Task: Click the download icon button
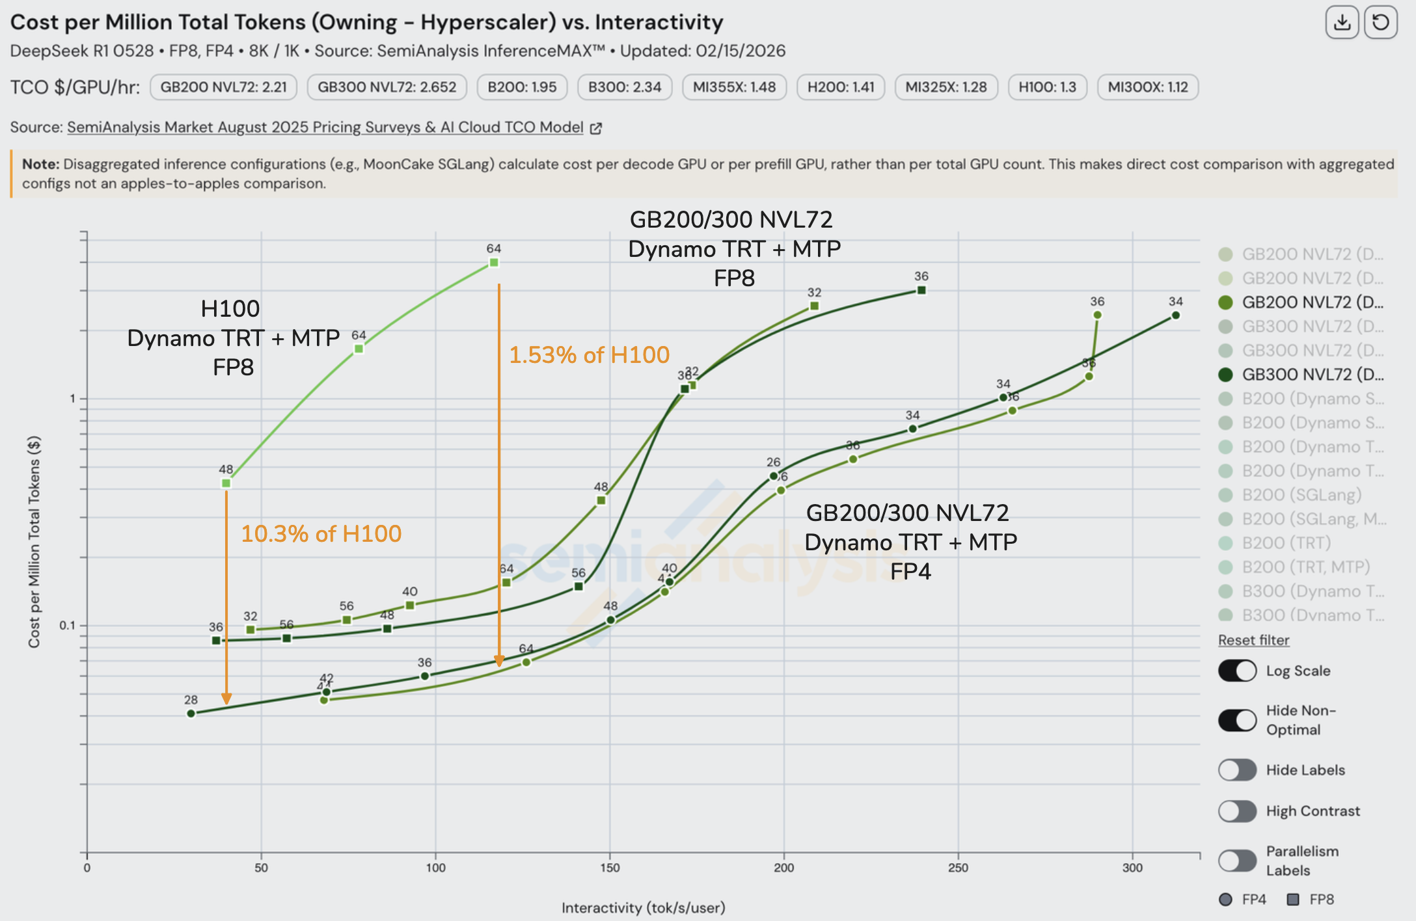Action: (1342, 23)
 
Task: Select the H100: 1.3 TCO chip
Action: (1047, 87)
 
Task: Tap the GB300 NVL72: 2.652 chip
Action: (387, 87)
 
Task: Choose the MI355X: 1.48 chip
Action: (734, 87)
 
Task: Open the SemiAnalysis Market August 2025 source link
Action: (325, 127)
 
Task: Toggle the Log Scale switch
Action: (1237, 671)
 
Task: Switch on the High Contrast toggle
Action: (1237, 811)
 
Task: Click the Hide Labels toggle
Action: (1237, 770)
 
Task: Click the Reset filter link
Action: (1253, 640)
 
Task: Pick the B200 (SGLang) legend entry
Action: (1301, 495)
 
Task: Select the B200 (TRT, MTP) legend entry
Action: (1305, 567)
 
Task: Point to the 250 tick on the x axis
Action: (958, 868)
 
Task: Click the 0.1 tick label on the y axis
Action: (68, 626)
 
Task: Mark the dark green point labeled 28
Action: (191, 714)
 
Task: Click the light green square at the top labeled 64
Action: (494, 263)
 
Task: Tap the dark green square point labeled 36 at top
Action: (921, 290)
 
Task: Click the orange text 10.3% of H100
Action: (321, 534)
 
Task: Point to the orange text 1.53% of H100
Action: (589, 355)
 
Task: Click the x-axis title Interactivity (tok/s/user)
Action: (643, 907)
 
